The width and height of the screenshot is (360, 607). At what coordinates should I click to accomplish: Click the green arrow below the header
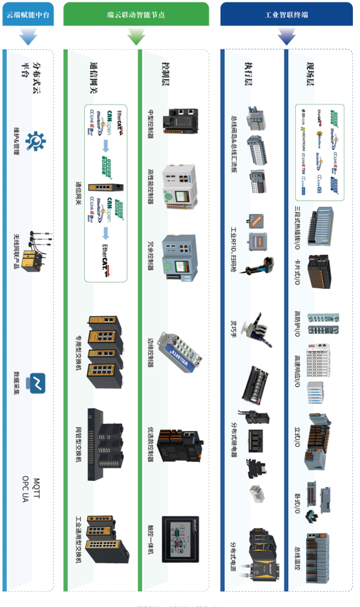pyautogui.click(x=136, y=37)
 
